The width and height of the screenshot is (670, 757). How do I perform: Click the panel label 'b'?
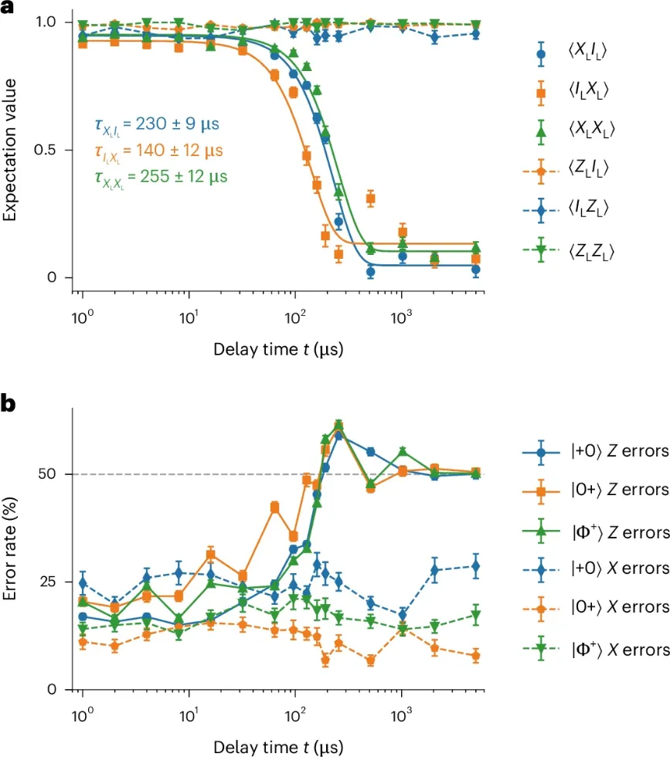point(9,403)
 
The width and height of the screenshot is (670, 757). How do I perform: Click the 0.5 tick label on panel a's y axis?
point(51,149)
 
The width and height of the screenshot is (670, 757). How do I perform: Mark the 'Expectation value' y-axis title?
point(10,148)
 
